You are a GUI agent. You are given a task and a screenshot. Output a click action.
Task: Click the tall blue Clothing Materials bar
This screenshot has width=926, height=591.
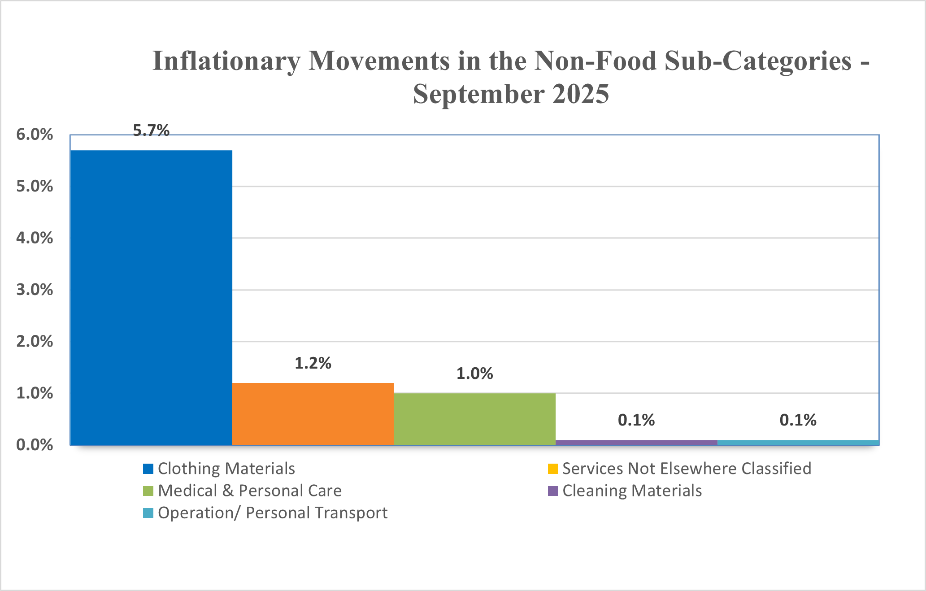click(x=151, y=297)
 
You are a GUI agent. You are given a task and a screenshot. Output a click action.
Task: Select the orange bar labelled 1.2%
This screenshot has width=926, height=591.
click(x=313, y=414)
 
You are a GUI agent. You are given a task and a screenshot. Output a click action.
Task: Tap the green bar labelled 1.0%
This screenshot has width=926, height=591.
click(x=474, y=419)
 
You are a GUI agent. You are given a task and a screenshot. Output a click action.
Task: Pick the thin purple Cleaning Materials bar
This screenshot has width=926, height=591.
click(x=636, y=443)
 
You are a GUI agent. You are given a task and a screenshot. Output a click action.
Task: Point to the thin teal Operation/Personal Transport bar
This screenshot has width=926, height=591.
click(x=798, y=443)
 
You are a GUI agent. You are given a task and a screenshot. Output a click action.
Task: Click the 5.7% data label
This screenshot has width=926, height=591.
click(x=151, y=130)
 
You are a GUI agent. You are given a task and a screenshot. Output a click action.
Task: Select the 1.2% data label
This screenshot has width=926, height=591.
click(x=313, y=363)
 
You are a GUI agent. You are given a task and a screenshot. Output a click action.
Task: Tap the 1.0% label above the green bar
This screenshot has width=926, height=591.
click(x=474, y=374)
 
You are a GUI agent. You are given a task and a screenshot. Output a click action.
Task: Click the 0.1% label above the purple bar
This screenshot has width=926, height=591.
click(x=636, y=420)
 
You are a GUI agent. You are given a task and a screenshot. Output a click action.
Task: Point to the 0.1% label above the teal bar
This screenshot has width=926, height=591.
click(x=798, y=420)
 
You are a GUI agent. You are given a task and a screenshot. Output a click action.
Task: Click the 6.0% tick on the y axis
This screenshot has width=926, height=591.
click(x=35, y=135)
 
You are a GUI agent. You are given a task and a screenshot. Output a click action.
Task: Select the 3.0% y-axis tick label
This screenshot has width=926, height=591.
click(x=35, y=290)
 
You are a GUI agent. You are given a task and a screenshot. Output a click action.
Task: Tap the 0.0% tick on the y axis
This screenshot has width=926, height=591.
click(x=35, y=445)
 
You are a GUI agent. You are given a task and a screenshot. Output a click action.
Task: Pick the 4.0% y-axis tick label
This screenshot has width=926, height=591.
click(x=35, y=238)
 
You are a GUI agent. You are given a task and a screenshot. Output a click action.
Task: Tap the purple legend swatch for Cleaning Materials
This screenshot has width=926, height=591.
click(x=553, y=491)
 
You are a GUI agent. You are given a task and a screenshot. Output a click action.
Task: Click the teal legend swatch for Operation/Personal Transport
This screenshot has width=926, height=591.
click(x=148, y=513)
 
